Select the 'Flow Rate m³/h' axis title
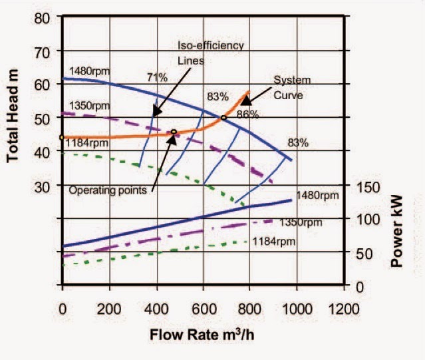[200, 333]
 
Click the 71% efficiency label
[157, 77]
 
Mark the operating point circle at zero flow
[62, 138]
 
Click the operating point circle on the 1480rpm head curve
[223, 118]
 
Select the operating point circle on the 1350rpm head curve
[174, 132]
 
